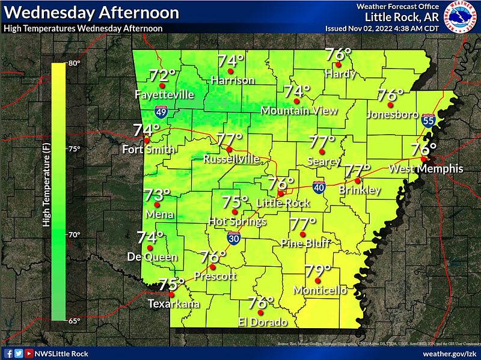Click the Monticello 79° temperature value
tap(318, 272)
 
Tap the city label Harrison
tap(232, 81)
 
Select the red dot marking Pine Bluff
tap(303, 234)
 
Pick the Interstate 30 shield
tap(232, 239)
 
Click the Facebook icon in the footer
tap(9, 353)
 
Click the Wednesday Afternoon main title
tap(91, 13)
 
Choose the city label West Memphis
tap(426, 169)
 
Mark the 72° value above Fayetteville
tap(162, 76)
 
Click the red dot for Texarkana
tap(171, 294)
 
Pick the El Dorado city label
tap(263, 322)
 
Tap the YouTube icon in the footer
tap(28, 353)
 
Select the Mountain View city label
tap(299, 111)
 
